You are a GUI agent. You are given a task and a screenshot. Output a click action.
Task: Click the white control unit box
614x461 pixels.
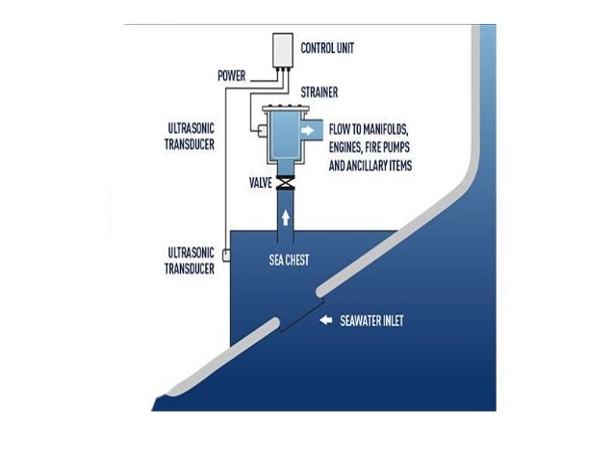point(280,50)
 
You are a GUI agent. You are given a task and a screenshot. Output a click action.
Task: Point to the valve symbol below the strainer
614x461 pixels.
point(285,183)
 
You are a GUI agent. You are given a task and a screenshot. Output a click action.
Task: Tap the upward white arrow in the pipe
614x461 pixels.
point(285,217)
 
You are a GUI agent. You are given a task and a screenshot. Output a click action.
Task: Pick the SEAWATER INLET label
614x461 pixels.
point(371,320)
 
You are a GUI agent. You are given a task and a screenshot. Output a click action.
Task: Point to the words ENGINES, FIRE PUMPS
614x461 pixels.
point(375,146)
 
